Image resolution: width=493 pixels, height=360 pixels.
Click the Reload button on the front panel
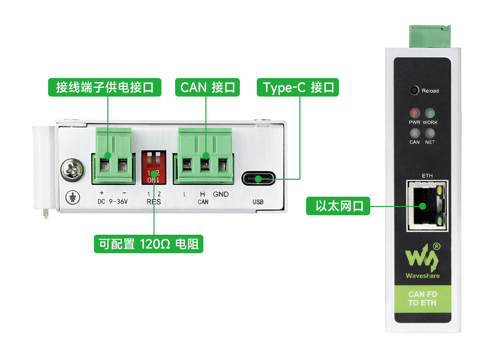414,90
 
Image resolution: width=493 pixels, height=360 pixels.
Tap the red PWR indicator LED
414,113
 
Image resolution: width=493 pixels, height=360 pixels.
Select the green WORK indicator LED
430,113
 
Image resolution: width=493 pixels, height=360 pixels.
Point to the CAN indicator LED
414,132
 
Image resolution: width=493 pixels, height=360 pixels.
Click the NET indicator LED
430,132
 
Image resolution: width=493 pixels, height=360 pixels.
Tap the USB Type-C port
258,179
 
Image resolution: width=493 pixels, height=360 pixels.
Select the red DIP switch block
154,167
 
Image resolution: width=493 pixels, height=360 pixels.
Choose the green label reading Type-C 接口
298,87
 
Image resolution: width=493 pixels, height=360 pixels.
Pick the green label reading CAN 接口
207,87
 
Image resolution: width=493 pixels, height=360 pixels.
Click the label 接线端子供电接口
105,87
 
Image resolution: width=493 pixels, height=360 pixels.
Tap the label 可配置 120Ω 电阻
148,244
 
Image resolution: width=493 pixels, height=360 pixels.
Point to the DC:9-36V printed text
112,202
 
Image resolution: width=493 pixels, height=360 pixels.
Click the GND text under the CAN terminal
221,195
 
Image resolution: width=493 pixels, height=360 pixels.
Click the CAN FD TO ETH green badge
423,298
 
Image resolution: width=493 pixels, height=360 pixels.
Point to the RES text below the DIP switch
154,202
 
